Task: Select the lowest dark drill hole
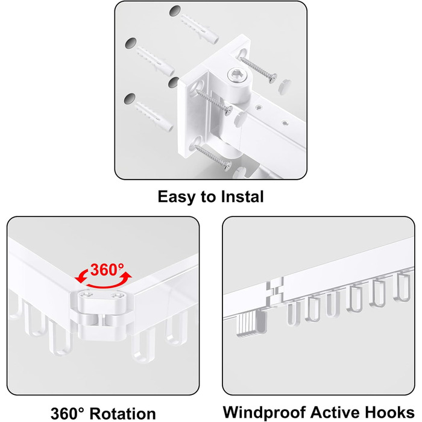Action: (x=130, y=99)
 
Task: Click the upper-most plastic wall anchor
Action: (x=199, y=28)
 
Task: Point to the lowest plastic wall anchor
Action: (x=153, y=116)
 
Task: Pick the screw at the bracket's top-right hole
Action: (x=259, y=69)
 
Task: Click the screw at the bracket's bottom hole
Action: (x=213, y=157)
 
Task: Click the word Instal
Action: (x=242, y=197)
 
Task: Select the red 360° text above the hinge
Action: (x=107, y=269)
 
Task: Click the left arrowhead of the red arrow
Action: (x=80, y=277)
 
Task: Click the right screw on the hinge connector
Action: (x=118, y=296)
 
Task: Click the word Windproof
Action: (x=265, y=412)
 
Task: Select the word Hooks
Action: (x=389, y=412)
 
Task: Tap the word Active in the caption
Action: (x=336, y=412)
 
